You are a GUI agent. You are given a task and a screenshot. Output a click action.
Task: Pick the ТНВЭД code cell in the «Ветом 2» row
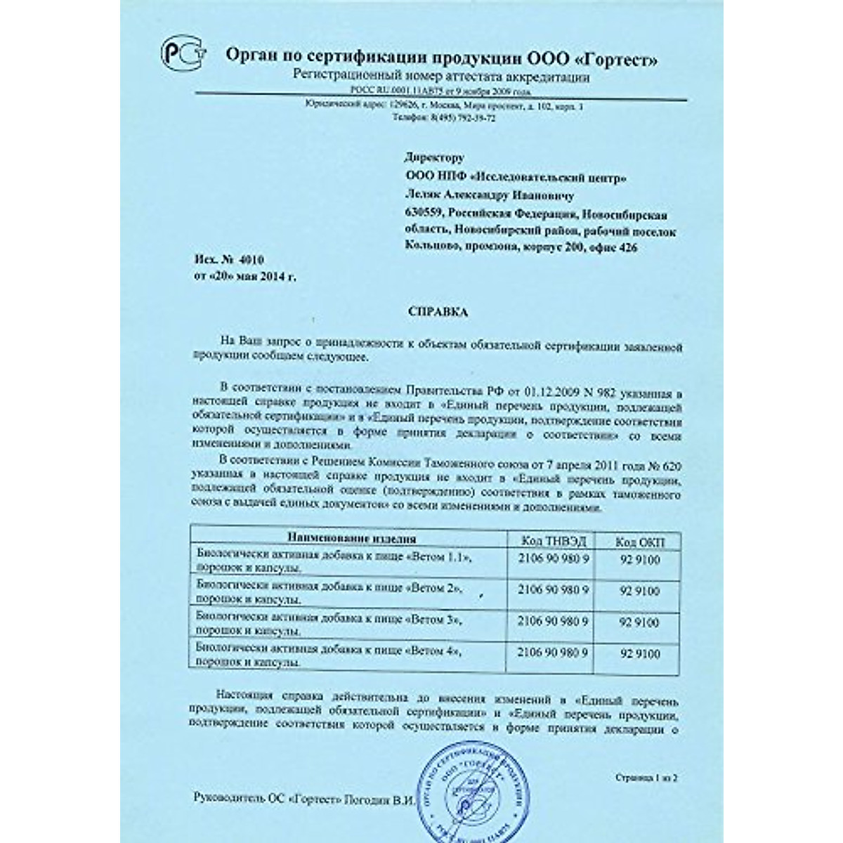tap(552, 590)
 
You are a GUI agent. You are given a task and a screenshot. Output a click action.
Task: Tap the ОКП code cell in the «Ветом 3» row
tap(639, 622)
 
